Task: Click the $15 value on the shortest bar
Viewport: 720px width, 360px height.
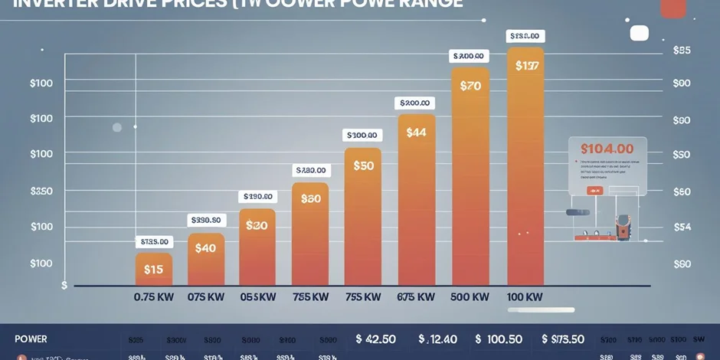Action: (x=153, y=269)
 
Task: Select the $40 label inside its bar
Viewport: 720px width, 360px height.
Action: (x=205, y=248)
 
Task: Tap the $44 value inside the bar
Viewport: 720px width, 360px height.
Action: (x=416, y=133)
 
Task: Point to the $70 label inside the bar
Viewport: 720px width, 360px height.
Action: (x=470, y=87)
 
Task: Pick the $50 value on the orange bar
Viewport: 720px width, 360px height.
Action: (x=363, y=165)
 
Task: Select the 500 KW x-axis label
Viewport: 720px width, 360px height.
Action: (x=470, y=296)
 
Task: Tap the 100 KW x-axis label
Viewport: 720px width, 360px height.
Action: (x=525, y=296)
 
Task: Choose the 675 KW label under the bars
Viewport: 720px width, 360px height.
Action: (x=416, y=296)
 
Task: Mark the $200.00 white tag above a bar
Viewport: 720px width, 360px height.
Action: (x=416, y=103)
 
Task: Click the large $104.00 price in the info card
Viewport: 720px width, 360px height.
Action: (x=607, y=149)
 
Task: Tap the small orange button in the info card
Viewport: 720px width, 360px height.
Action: (x=594, y=191)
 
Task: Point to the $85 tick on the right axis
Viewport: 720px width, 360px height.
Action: (x=681, y=51)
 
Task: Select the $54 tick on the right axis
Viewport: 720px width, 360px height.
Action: (x=681, y=227)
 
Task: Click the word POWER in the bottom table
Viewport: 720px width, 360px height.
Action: (x=31, y=339)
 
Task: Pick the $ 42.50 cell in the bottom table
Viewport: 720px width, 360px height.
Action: (x=375, y=339)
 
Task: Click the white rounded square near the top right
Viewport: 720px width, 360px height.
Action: (x=639, y=33)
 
